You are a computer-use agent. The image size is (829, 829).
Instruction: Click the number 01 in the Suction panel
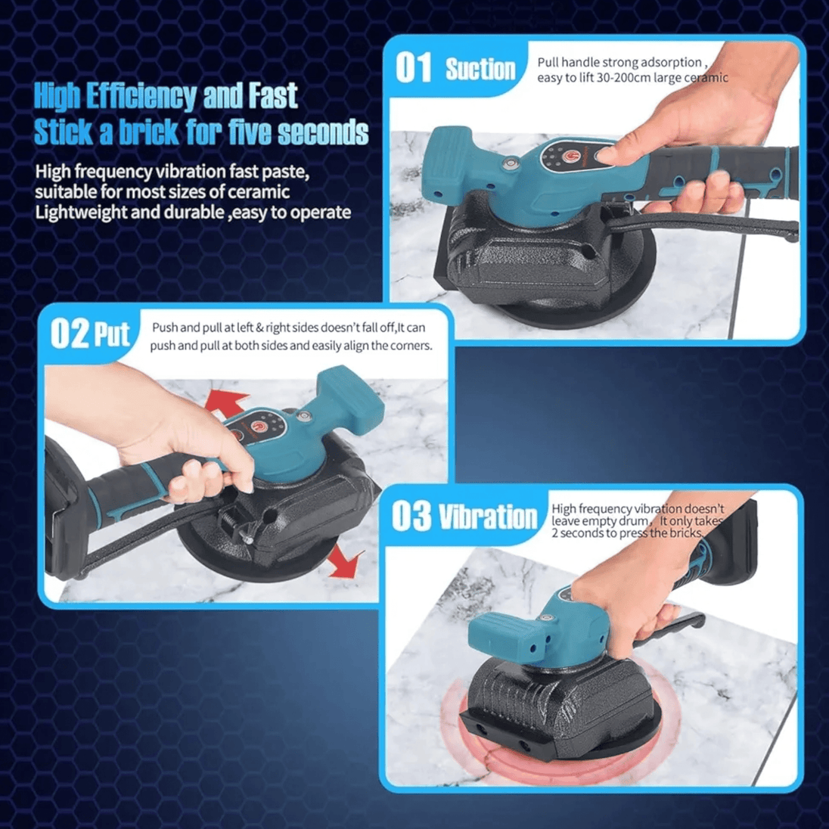414,67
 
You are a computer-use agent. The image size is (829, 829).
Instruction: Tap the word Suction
480,70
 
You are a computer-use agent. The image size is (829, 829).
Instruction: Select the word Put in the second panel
111,334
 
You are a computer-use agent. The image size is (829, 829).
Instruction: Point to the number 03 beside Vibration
411,516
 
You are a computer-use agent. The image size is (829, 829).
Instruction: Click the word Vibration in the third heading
488,517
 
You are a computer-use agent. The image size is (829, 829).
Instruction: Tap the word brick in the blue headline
149,132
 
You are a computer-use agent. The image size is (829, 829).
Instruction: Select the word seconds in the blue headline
323,132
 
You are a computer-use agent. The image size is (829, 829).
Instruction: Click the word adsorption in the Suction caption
669,62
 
